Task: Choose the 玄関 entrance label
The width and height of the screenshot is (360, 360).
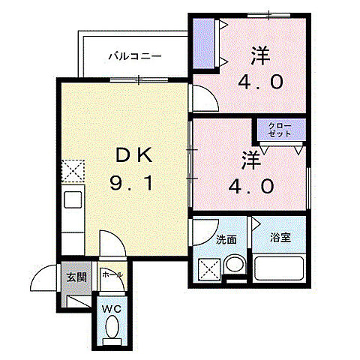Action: pyautogui.click(x=76, y=276)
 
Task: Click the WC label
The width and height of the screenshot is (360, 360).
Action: pyautogui.click(x=111, y=307)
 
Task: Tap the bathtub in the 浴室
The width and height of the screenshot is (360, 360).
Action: pyautogui.click(x=279, y=268)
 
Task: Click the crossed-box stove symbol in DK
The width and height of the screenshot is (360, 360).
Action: pyautogui.click(x=73, y=171)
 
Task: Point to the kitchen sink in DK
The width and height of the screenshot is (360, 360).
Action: pyautogui.click(x=73, y=200)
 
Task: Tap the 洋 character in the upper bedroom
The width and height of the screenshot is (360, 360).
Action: pyautogui.click(x=260, y=55)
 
